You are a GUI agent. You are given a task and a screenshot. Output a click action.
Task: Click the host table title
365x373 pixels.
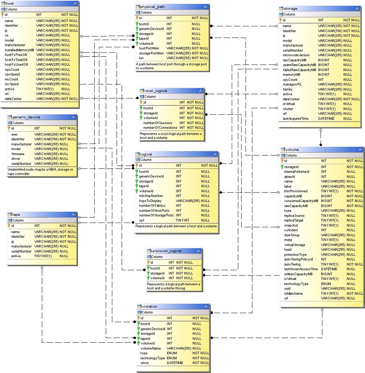[x=10, y=3]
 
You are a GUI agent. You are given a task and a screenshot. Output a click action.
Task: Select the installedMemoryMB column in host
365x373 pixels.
[x=19, y=50]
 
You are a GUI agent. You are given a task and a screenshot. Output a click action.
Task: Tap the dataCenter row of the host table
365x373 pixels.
[x=13, y=98]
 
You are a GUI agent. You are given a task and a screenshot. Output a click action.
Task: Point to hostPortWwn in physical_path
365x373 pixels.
[x=149, y=48]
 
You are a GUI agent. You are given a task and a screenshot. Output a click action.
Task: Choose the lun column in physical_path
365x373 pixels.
[x=142, y=58]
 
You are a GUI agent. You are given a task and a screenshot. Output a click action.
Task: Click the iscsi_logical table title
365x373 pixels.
[x=156, y=91]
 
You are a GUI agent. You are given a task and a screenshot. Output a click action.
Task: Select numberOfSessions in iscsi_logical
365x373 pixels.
[x=158, y=123]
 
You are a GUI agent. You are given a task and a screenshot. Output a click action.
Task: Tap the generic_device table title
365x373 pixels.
[x=26, y=117]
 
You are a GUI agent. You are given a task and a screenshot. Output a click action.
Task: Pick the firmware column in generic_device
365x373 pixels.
[x=18, y=154]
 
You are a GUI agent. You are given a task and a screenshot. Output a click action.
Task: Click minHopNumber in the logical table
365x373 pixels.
[x=151, y=196]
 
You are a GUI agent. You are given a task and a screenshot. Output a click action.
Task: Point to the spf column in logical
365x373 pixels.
[x=142, y=220]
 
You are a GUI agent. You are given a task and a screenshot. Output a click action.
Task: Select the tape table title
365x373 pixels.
[x=16, y=214]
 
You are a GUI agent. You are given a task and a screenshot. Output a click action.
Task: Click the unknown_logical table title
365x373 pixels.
[x=166, y=251]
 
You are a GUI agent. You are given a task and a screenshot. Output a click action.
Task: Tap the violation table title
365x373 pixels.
[x=149, y=306]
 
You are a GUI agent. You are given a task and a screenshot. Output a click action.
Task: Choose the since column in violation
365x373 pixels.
[x=144, y=363]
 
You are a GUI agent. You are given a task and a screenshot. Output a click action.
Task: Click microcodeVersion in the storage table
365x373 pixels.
[x=296, y=55]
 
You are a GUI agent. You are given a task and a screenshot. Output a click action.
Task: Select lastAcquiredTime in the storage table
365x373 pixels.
[x=296, y=118]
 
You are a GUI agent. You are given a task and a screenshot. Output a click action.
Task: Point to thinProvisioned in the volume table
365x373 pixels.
[x=296, y=191]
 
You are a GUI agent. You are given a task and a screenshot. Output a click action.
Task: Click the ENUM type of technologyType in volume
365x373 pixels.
[x=326, y=284]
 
